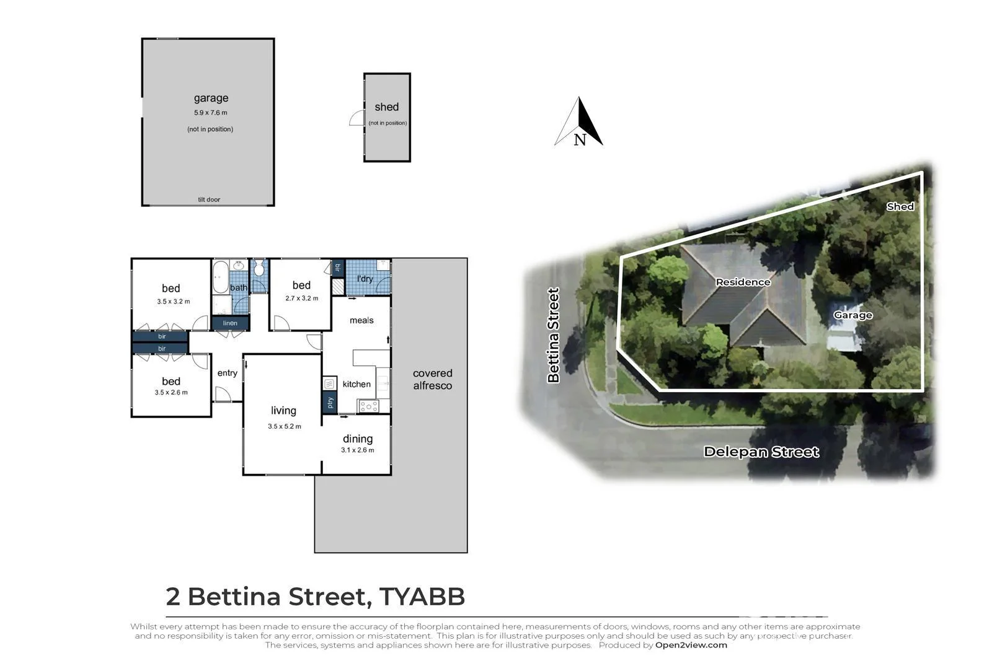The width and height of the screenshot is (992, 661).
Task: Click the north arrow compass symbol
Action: click(578, 122)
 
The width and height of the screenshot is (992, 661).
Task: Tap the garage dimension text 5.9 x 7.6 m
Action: click(211, 113)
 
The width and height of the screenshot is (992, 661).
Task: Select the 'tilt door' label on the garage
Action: click(209, 199)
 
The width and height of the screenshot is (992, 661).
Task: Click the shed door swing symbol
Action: click(357, 118)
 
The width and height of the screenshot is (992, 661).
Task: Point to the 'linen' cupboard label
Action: click(230, 323)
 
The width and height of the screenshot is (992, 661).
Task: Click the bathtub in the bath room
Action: click(220, 278)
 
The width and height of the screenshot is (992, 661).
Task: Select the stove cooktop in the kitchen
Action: click(369, 406)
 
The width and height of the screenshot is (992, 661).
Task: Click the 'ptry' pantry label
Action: click(330, 403)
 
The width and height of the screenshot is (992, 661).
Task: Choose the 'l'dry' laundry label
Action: click(365, 279)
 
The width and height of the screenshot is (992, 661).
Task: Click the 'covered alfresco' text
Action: click(432, 379)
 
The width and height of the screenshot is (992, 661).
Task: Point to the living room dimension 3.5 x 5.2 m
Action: click(285, 426)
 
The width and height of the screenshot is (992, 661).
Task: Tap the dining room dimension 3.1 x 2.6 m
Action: click(358, 450)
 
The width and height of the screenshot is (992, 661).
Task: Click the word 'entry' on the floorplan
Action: click(228, 373)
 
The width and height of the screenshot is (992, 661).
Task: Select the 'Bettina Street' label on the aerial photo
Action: click(553, 335)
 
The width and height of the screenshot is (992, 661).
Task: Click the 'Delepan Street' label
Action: click(761, 452)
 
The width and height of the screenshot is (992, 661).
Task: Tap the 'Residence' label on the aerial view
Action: click(743, 282)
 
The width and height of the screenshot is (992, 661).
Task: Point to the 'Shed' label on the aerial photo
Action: click(900, 207)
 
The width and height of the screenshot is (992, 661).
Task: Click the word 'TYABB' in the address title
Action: click(422, 597)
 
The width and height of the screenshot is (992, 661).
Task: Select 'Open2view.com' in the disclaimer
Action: click(691, 645)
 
